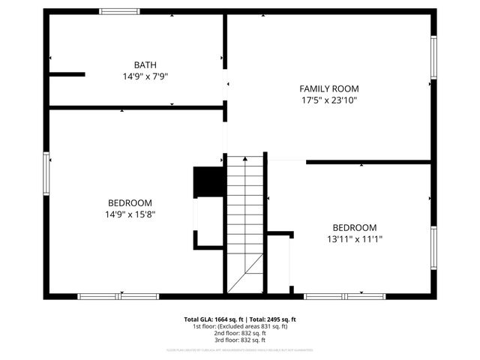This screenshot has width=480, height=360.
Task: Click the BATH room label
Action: pyautogui.click(x=145, y=65)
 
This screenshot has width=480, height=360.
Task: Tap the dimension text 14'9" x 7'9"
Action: pyautogui.click(x=145, y=76)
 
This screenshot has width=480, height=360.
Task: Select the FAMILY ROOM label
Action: pyautogui.click(x=328, y=88)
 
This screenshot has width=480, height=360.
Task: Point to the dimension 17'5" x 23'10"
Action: pyautogui.click(x=328, y=99)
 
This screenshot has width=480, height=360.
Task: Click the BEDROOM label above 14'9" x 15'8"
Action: pyautogui.click(x=130, y=202)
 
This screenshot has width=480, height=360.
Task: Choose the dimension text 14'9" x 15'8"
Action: pyautogui.click(x=130, y=214)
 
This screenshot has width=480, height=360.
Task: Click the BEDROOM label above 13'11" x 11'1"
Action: pyautogui.click(x=355, y=227)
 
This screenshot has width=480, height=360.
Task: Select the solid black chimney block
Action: pyautogui.click(x=208, y=181)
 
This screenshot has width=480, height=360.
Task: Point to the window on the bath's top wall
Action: pyautogui.click(x=120, y=11)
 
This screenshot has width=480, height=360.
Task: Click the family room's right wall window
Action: pyautogui.click(x=433, y=57)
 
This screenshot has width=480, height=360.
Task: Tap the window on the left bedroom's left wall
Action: pyautogui.click(x=46, y=173)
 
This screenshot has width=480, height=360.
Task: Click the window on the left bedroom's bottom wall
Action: pyautogui.click(x=118, y=296)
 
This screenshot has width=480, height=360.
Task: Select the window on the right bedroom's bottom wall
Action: pyautogui.click(x=344, y=296)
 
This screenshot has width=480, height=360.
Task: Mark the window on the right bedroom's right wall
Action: pyautogui.click(x=433, y=247)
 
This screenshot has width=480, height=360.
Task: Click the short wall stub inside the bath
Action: pyautogui.click(x=67, y=74)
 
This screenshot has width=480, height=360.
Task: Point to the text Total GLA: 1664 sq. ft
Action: pyautogui.click(x=213, y=319)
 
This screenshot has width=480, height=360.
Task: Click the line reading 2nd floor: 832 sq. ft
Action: pyautogui.click(x=240, y=333)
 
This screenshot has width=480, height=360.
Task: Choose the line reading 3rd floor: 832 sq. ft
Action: pyautogui.click(x=240, y=340)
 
